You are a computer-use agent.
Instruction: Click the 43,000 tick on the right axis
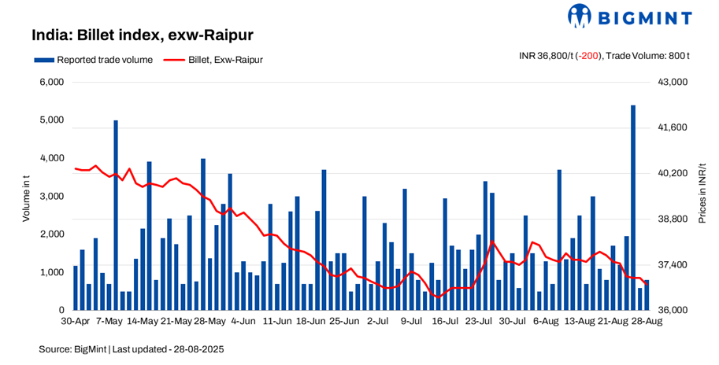point(672,83)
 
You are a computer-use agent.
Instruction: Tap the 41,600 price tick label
point(672,127)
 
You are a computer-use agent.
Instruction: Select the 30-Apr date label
point(76,322)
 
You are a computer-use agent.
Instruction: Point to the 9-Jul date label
point(413,322)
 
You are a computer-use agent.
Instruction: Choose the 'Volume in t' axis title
point(26,197)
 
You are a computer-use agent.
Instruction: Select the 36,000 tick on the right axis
point(672,311)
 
